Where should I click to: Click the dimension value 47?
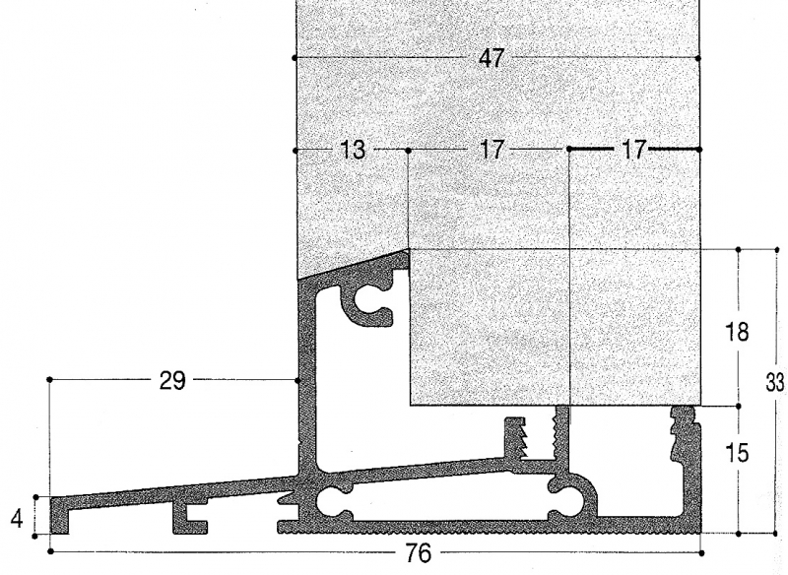click(492, 58)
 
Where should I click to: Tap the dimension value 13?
click(354, 150)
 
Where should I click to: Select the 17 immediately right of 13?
click(492, 150)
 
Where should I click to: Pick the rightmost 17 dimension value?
click(633, 150)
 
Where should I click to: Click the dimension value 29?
click(172, 381)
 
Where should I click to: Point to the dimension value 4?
click(17, 518)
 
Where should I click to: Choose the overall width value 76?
click(418, 553)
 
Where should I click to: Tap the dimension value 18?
click(737, 332)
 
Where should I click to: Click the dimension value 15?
click(737, 453)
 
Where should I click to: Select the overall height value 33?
click(774, 383)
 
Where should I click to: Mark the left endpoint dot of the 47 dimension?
click(295, 58)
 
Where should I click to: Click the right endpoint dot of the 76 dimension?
click(701, 553)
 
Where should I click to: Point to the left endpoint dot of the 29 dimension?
click(49, 380)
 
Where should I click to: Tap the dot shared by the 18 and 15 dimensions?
click(738, 406)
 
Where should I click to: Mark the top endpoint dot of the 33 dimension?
click(777, 249)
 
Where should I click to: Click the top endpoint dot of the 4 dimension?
click(35, 497)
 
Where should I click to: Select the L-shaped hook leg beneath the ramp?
click(188, 518)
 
